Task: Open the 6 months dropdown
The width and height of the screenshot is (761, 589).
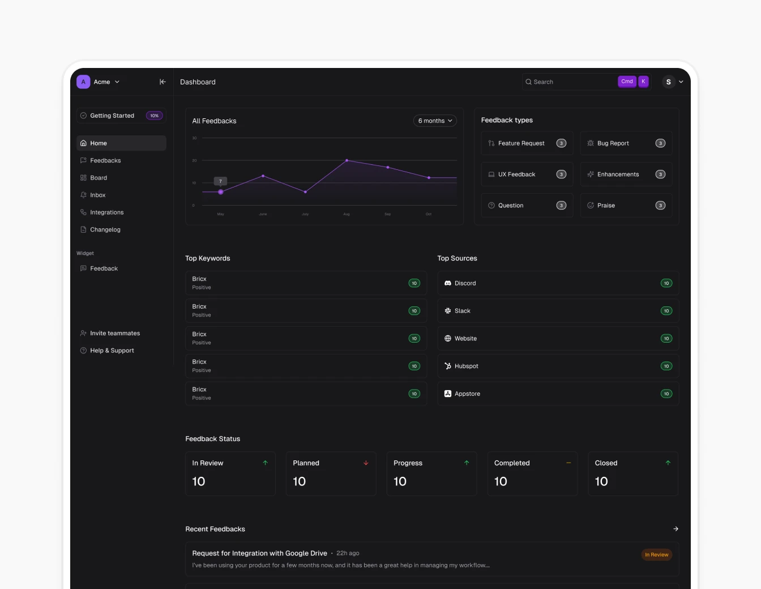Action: (435, 121)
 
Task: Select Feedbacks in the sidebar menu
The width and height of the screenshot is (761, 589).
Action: (105, 161)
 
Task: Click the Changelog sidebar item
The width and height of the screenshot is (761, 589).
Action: (105, 230)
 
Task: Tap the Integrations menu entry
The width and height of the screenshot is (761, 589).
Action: (106, 212)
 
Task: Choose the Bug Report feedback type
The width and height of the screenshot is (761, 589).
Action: (626, 143)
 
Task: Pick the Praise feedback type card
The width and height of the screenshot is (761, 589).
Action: (626, 206)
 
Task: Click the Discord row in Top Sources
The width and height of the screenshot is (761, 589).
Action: (557, 283)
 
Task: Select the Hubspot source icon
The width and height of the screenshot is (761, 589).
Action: (448, 366)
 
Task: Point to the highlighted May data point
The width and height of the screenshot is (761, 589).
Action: (221, 192)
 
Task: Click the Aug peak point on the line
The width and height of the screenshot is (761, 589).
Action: (347, 161)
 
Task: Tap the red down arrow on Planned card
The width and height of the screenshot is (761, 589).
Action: (366, 463)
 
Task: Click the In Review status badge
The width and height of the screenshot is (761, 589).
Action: (656, 555)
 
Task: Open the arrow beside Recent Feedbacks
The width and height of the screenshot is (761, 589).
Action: (676, 529)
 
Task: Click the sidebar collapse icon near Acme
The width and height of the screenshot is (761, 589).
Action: (163, 82)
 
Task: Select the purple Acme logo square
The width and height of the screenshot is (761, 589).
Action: (83, 82)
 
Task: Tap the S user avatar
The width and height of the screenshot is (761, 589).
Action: (669, 82)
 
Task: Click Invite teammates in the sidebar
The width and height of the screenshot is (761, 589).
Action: (115, 334)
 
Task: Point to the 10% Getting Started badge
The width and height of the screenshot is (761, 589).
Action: (155, 116)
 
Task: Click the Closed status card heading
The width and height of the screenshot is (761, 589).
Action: (606, 463)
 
